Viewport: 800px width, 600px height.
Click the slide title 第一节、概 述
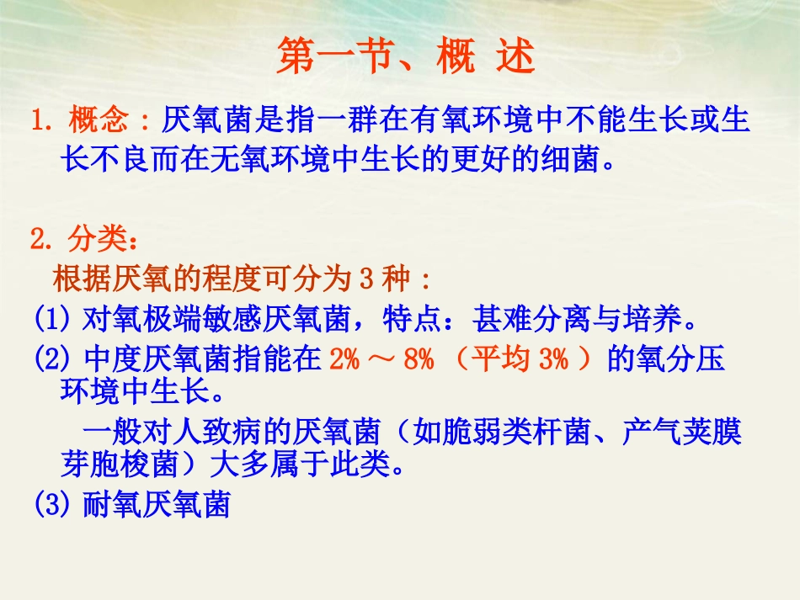point(405,58)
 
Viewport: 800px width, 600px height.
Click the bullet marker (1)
point(56,319)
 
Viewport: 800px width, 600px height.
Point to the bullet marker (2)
point(56,359)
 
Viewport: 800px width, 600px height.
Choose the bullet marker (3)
point(56,505)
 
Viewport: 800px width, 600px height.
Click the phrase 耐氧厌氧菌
point(157,505)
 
